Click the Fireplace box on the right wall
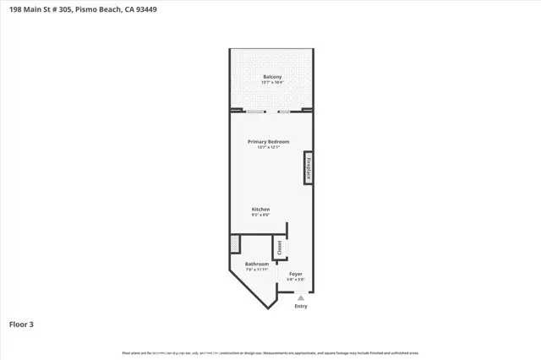(x=309, y=167)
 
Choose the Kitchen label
(x=260, y=209)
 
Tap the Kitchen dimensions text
(x=260, y=215)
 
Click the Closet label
(x=279, y=248)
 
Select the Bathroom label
(x=257, y=265)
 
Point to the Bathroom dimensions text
(x=257, y=270)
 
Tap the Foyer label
(x=295, y=274)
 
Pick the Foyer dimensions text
(x=295, y=280)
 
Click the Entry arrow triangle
(x=301, y=297)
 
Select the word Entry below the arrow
(x=301, y=306)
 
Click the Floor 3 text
(x=20, y=324)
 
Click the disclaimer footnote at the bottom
(x=270, y=352)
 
